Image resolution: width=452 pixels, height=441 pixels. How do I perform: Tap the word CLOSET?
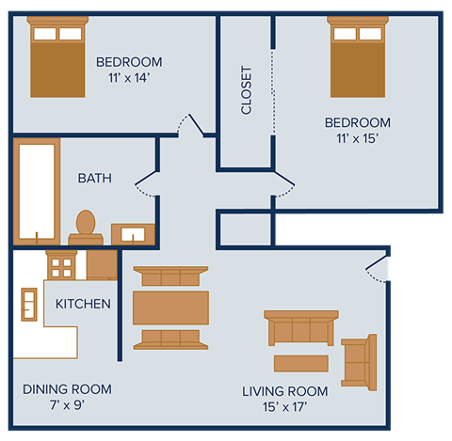247,89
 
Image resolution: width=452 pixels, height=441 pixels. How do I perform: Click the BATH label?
95,178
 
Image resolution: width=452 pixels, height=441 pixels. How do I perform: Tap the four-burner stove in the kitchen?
61,266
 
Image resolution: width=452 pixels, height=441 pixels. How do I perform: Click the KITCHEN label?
83,304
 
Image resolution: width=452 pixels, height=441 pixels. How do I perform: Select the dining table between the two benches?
170,307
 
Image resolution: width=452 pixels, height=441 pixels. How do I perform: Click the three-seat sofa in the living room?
300,328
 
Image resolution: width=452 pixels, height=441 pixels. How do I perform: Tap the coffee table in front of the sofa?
300,363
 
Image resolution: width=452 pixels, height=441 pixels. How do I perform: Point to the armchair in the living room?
359,361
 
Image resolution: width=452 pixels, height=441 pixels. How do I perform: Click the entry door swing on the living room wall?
378,269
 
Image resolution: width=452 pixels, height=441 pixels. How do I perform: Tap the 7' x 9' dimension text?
67,406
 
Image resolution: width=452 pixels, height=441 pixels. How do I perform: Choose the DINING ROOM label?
67,388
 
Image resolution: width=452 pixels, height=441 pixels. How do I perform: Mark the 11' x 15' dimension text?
357,139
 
